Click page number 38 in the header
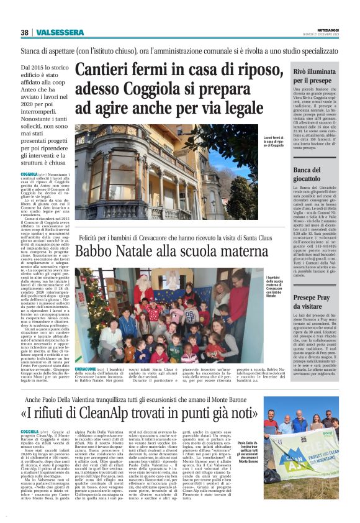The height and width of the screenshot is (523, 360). [25, 32]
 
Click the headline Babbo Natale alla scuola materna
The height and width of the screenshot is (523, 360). [180, 251]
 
